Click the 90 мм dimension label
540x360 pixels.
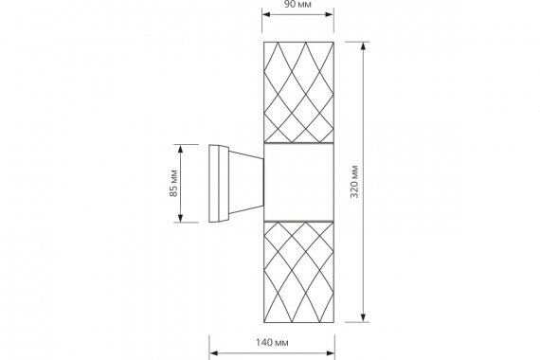tap(297, 5)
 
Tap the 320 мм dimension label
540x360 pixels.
tap(354, 182)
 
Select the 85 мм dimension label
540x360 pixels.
tap(173, 183)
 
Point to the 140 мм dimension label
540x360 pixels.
tap(272, 342)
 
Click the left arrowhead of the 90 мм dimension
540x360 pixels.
tap(266, 14)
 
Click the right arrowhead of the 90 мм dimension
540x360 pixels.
tap(330, 14)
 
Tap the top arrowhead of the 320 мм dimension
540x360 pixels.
tap(363, 46)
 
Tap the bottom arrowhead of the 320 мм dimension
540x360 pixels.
tap(363, 318)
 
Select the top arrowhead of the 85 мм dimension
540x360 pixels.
tap(180, 149)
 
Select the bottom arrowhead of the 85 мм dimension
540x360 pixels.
tap(180, 218)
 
